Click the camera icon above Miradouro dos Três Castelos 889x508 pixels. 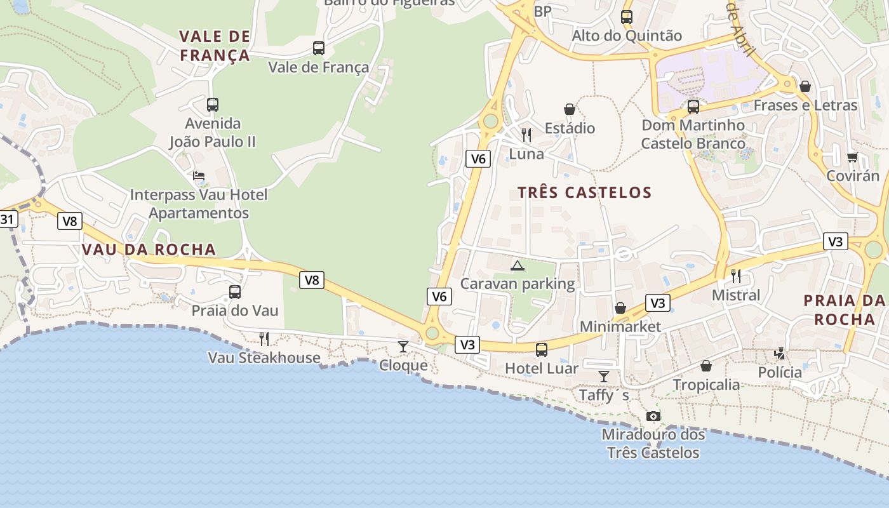tap(653, 417)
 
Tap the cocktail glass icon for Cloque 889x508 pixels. tap(403, 346)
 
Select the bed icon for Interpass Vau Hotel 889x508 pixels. tap(199, 176)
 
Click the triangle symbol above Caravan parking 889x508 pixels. tap(518, 265)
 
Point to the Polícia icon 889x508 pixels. tap(780, 354)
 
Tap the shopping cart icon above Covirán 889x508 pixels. tap(852, 157)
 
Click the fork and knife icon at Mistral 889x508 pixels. tap(736, 276)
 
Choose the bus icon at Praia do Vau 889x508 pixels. tap(235, 292)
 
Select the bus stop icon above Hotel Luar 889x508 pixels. tap(542, 349)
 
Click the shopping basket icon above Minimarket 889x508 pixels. tap(620, 308)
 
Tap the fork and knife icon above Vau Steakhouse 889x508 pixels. tap(264, 338)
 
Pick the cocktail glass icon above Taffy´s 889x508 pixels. tap(604, 377)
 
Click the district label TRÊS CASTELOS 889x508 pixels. tap(584, 192)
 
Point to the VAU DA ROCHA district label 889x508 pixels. tap(149, 250)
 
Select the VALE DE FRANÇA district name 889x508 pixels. tap(215, 46)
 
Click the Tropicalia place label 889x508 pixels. tap(706, 385)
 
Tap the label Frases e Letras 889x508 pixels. tap(805, 105)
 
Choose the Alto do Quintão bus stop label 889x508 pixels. tap(627, 36)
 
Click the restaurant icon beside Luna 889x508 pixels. tap(526, 135)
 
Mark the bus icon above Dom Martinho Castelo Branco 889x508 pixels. tap(693, 106)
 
